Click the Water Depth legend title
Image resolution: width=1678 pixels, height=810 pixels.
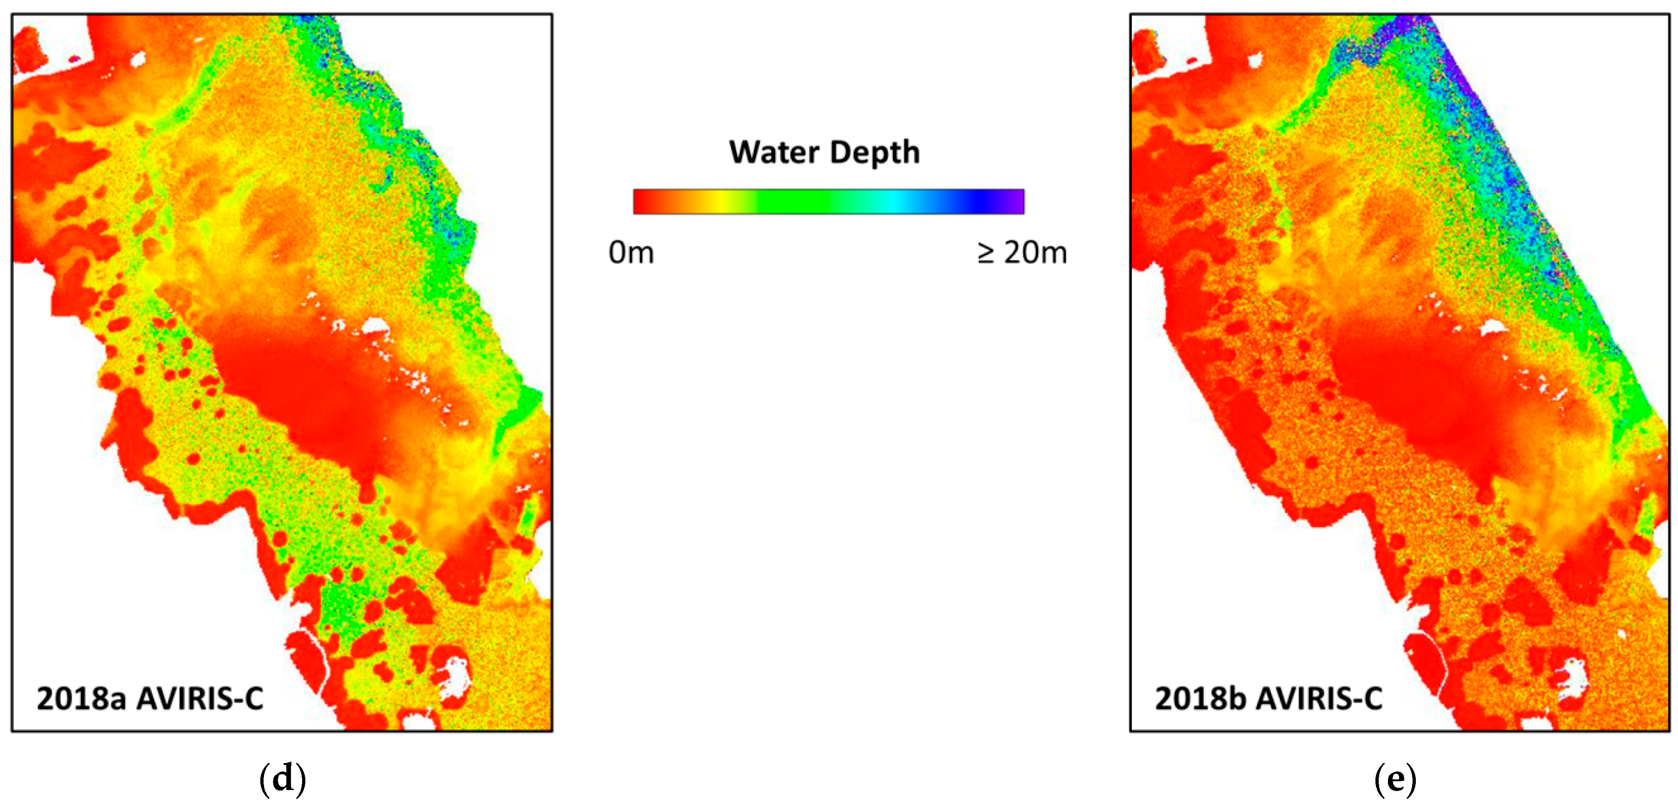point(824,152)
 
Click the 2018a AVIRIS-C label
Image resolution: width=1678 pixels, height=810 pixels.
point(150,699)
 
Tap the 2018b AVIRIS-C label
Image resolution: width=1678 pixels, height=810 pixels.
point(1268,699)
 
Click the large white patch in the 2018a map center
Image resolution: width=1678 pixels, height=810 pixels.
point(374,326)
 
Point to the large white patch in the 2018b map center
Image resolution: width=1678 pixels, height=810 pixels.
point(1494,328)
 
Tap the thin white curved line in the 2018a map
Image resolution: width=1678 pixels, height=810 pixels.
point(319,658)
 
